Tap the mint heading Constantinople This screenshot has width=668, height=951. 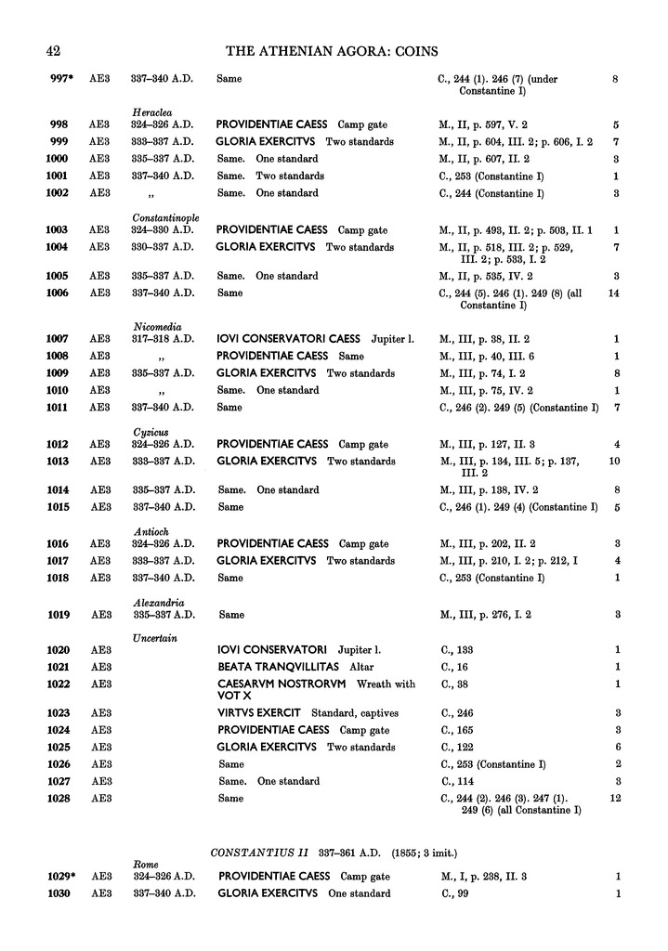click(164, 216)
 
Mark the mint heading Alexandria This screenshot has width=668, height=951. click(156, 603)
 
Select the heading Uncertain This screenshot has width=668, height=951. click(155, 637)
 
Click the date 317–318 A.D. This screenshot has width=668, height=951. click(163, 339)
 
